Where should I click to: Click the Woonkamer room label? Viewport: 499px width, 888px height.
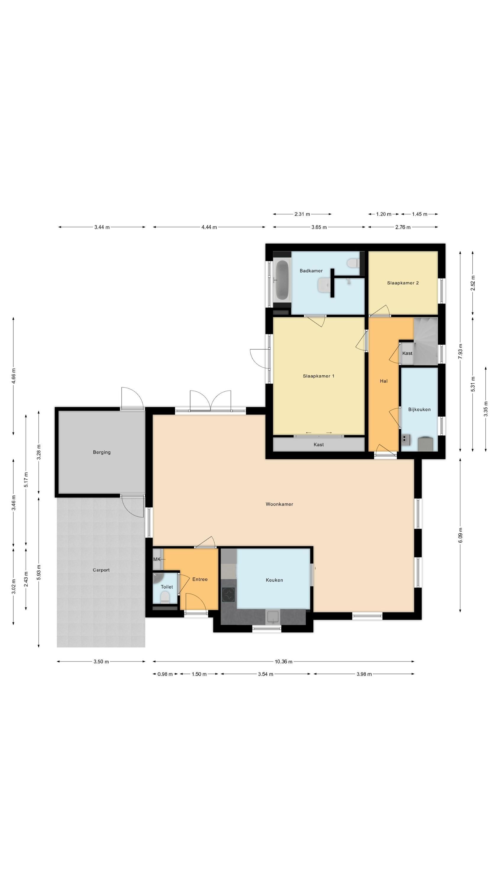click(x=279, y=504)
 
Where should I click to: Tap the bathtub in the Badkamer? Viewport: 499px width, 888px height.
click(x=282, y=279)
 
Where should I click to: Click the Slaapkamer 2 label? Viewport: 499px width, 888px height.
click(x=403, y=283)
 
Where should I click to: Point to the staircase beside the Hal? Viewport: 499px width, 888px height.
click(x=426, y=341)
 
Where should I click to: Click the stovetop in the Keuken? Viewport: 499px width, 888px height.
click(x=228, y=595)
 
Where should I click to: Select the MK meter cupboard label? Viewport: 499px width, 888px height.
click(x=157, y=559)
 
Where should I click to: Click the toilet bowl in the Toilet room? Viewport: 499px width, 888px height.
click(x=165, y=597)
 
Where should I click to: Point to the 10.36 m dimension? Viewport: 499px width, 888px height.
click(x=283, y=662)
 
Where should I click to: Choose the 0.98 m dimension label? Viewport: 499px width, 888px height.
click(x=165, y=674)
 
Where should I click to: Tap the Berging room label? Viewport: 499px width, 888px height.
click(x=102, y=452)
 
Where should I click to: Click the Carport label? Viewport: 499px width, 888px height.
click(x=101, y=570)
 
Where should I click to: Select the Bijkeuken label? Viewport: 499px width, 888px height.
click(x=419, y=410)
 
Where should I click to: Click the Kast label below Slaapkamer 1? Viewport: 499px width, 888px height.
click(x=319, y=445)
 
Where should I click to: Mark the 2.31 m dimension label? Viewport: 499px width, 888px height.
click(x=302, y=214)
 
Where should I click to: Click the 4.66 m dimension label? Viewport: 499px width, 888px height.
click(x=13, y=376)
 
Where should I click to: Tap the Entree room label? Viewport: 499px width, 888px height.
click(x=200, y=579)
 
